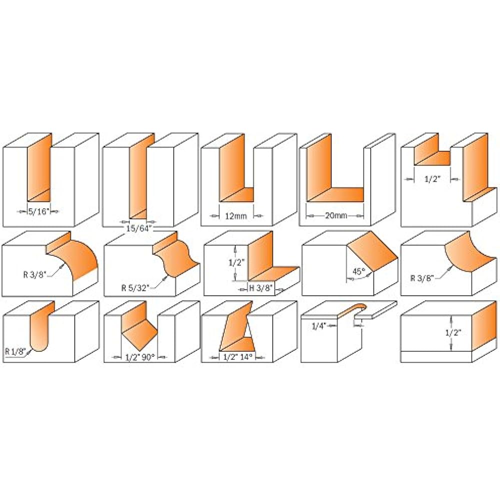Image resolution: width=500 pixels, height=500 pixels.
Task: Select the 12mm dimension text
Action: click(236, 216)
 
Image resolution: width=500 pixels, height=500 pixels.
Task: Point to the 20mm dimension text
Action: click(336, 216)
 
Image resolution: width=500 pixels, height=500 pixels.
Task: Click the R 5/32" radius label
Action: click(135, 288)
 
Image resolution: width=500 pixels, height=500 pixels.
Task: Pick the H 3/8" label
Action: click(260, 288)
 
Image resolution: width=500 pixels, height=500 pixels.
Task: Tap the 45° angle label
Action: click(358, 271)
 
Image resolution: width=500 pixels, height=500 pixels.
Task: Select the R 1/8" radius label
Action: click(15, 351)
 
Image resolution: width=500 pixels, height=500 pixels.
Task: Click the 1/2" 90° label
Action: click(139, 357)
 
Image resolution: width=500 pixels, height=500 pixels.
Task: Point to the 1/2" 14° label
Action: click(237, 357)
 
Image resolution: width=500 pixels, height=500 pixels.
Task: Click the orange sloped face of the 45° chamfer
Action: click(372, 251)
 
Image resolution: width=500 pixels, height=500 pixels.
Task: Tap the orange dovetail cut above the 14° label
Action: click(236, 328)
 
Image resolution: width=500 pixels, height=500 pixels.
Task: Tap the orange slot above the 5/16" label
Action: click(39, 172)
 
